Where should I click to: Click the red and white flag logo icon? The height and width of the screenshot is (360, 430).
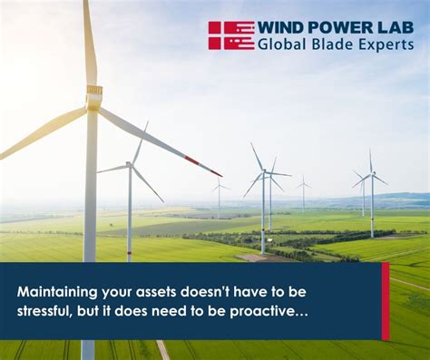231,35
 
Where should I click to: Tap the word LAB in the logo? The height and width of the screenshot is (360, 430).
392,27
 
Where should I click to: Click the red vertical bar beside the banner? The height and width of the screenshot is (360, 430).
386,301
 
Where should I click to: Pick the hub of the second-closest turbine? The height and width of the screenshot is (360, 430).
130,166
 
